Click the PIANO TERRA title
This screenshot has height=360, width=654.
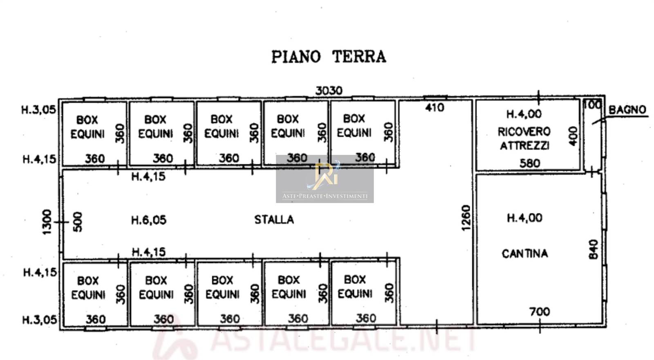coord(329,57)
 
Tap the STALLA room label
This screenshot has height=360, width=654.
coord(274,219)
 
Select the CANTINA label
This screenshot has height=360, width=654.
coord(525,253)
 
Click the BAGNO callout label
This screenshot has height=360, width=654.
coord(627,110)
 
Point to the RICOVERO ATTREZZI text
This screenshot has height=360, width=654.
coord(524,139)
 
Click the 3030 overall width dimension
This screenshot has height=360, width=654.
coord(329,91)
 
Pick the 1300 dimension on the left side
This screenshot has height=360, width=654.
coord(47,222)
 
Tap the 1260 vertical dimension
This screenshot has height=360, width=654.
coord(466,218)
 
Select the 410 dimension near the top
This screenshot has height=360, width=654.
coord(435,108)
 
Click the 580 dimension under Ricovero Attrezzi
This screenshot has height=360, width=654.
coord(530,163)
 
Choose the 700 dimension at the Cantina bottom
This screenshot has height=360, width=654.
coord(540,312)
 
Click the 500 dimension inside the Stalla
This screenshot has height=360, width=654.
coord(77,222)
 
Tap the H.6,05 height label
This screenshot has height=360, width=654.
coord(149,220)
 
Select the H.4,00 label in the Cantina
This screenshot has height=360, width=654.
coord(525,218)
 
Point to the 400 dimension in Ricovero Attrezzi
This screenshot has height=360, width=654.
coord(573,136)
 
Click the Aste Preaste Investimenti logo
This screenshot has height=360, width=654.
coord(325,179)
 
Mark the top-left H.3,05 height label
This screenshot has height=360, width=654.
coord(38,110)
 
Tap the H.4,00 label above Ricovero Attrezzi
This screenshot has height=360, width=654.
coord(524,114)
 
